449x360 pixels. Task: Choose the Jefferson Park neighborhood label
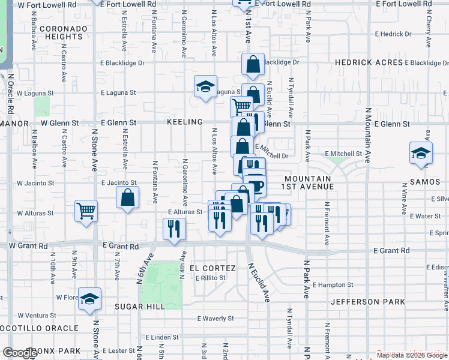click(x=367, y=302)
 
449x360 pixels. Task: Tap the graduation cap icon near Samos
click(x=421, y=153)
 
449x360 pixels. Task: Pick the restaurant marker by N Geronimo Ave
click(x=174, y=229)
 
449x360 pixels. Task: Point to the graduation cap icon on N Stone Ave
click(x=89, y=298)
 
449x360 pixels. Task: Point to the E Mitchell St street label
click(x=343, y=154)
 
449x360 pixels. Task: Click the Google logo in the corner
click(x=20, y=353)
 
